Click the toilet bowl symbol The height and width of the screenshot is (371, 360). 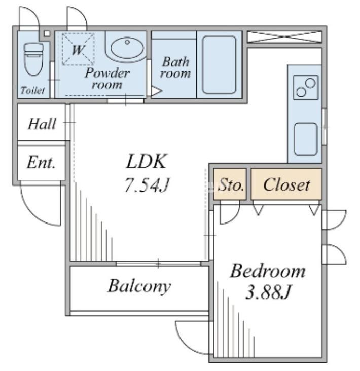tap(33, 59)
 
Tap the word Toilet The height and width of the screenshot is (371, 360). tap(32, 90)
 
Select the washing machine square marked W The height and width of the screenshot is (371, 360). tap(78, 49)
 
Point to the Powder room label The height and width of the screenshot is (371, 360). tap(107, 79)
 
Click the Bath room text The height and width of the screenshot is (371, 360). tap(175, 67)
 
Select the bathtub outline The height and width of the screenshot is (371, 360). tap(219, 64)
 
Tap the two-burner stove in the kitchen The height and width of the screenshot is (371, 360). tap(306, 87)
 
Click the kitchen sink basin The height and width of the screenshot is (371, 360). tap(306, 139)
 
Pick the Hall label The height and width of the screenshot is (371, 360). tap(42, 124)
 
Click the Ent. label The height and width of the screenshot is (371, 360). tap(41, 162)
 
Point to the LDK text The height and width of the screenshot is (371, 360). tap(146, 161)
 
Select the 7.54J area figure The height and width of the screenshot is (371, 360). tap(147, 184)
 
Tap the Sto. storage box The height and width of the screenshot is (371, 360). tap(230, 184)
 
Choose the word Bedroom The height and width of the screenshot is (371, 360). tap(268, 271)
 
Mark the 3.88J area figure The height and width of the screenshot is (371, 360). tap(268, 292)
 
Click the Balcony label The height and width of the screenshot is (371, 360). tap(139, 286)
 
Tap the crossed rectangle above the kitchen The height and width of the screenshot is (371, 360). tap(285, 37)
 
